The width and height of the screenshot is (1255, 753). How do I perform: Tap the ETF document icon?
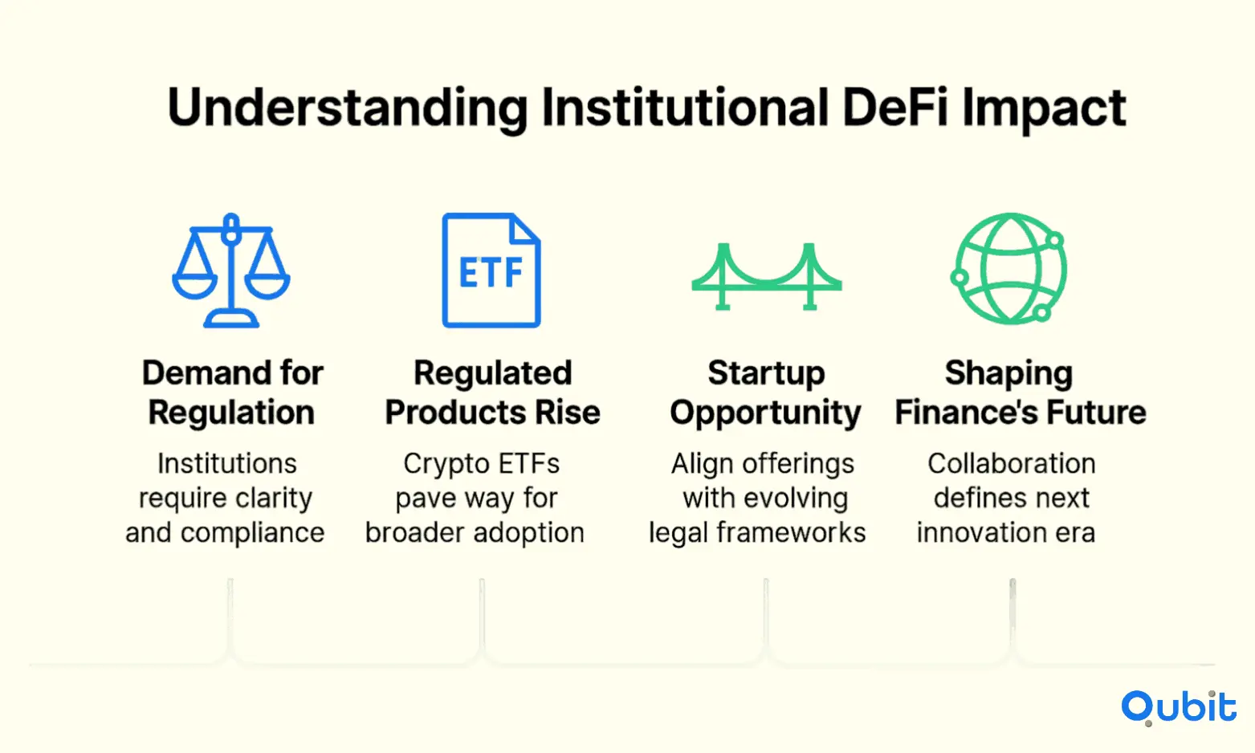pos(491,270)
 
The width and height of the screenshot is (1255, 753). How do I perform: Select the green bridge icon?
pos(767,277)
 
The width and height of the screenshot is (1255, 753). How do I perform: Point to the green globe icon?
pos(1009,268)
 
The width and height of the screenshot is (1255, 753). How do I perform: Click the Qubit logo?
pos(1179,707)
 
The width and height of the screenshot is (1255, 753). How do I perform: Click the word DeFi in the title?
pos(894,108)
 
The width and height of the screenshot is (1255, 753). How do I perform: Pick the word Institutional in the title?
pos(685,108)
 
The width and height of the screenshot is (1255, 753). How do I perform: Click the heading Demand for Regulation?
pos(232,393)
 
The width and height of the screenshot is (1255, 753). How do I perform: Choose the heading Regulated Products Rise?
pos(492,393)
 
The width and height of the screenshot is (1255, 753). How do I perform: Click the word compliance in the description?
pos(252,533)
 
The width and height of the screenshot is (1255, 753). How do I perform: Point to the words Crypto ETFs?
pos(481,465)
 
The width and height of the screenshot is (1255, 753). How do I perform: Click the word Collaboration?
pos(1011,464)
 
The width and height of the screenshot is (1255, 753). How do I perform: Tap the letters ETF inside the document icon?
pos(491,273)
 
